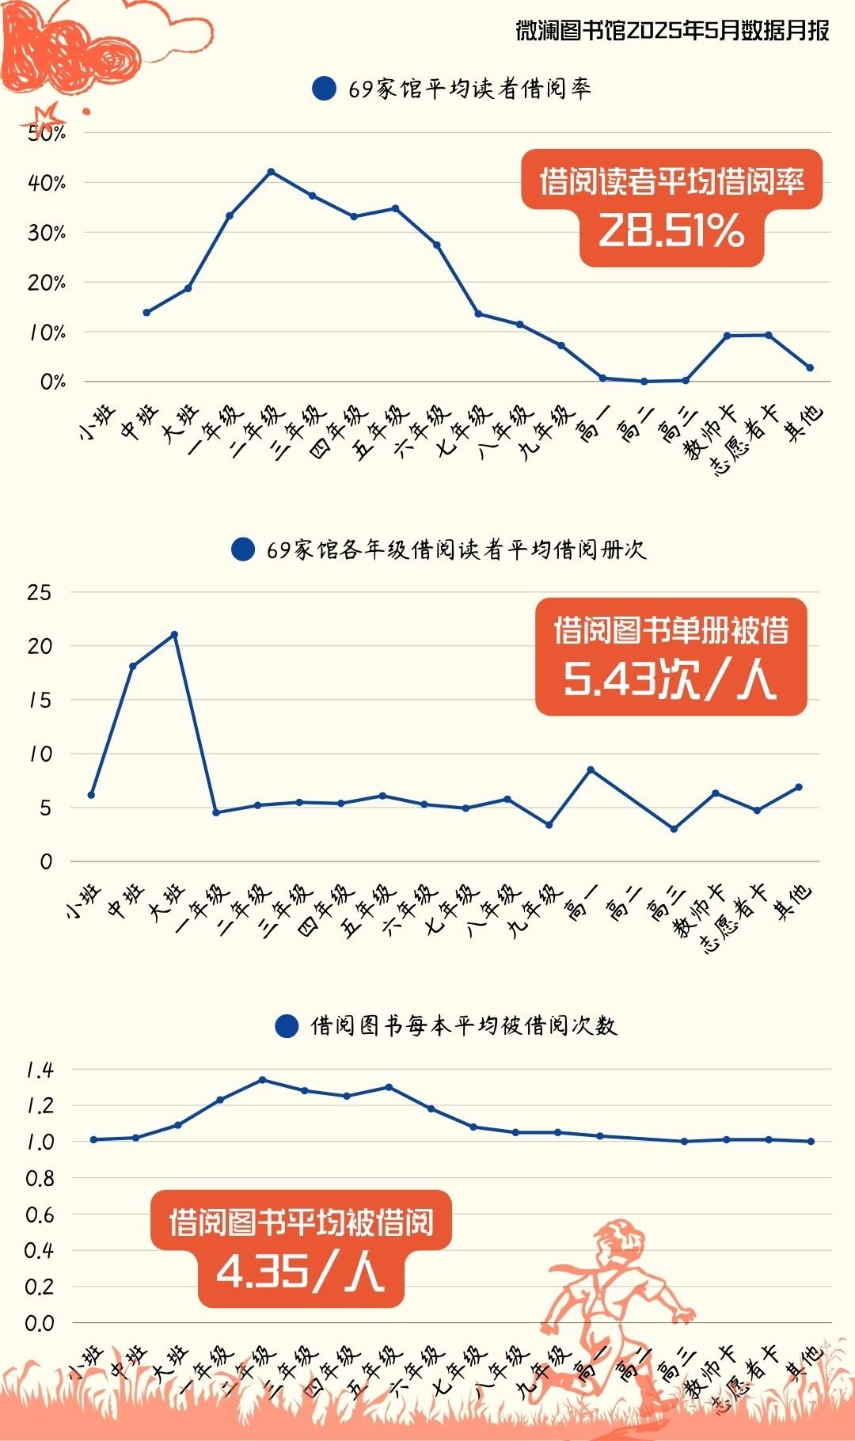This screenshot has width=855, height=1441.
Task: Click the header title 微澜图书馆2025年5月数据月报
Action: (672, 30)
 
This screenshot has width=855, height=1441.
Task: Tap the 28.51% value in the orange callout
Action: (671, 230)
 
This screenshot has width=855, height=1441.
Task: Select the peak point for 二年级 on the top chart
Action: (271, 171)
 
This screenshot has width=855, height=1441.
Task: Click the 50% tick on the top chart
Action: (47, 133)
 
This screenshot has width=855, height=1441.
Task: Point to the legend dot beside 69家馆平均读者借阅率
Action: (324, 89)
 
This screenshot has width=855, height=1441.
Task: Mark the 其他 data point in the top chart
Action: (810, 367)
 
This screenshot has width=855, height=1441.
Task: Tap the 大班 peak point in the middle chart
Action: (174, 634)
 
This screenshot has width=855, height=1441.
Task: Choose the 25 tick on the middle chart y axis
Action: (39, 592)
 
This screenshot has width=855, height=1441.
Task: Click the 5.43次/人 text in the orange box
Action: (670, 679)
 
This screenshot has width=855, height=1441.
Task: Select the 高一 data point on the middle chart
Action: (591, 770)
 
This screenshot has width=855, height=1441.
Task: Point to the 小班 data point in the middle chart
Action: (91, 794)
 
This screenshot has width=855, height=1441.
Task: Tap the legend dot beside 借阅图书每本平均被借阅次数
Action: (286, 1026)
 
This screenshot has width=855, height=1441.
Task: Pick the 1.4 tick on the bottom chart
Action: (40, 1070)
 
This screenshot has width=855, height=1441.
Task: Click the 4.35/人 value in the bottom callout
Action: (300, 1272)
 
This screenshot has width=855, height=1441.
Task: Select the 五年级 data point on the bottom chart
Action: (389, 1087)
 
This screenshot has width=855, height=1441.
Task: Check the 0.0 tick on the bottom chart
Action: (40, 1323)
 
